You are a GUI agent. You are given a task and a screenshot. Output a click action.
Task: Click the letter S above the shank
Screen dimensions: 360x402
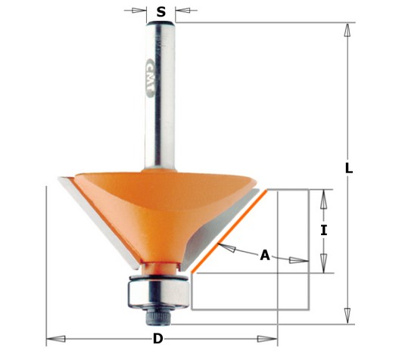pyautogui.click(x=160, y=11)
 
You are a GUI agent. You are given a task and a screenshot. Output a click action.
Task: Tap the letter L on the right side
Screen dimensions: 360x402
pyautogui.click(x=349, y=169)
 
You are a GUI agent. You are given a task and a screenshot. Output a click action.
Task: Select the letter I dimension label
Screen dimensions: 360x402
pyautogui.click(x=323, y=230)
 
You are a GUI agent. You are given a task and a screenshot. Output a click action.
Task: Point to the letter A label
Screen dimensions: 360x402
pyautogui.click(x=265, y=256)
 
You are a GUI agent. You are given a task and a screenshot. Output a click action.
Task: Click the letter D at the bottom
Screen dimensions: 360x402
pyautogui.click(x=157, y=339)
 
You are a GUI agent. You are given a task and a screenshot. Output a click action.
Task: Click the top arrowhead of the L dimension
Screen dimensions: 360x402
pyautogui.click(x=347, y=29)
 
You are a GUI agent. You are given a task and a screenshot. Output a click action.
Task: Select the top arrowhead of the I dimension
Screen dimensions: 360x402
pyautogui.click(x=323, y=195)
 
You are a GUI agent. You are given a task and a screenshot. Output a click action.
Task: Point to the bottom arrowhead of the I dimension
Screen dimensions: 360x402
pyautogui.click(x=323, y=266)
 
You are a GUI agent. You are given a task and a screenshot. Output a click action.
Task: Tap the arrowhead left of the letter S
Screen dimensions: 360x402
pyautogui.click(x=141, y=11)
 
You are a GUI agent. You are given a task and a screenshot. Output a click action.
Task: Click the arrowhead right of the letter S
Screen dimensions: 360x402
pyautogui.click(x=182, y=11)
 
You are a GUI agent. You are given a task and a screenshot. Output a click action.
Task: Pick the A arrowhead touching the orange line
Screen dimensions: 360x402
pyautogui.click(x=220, y=245)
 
